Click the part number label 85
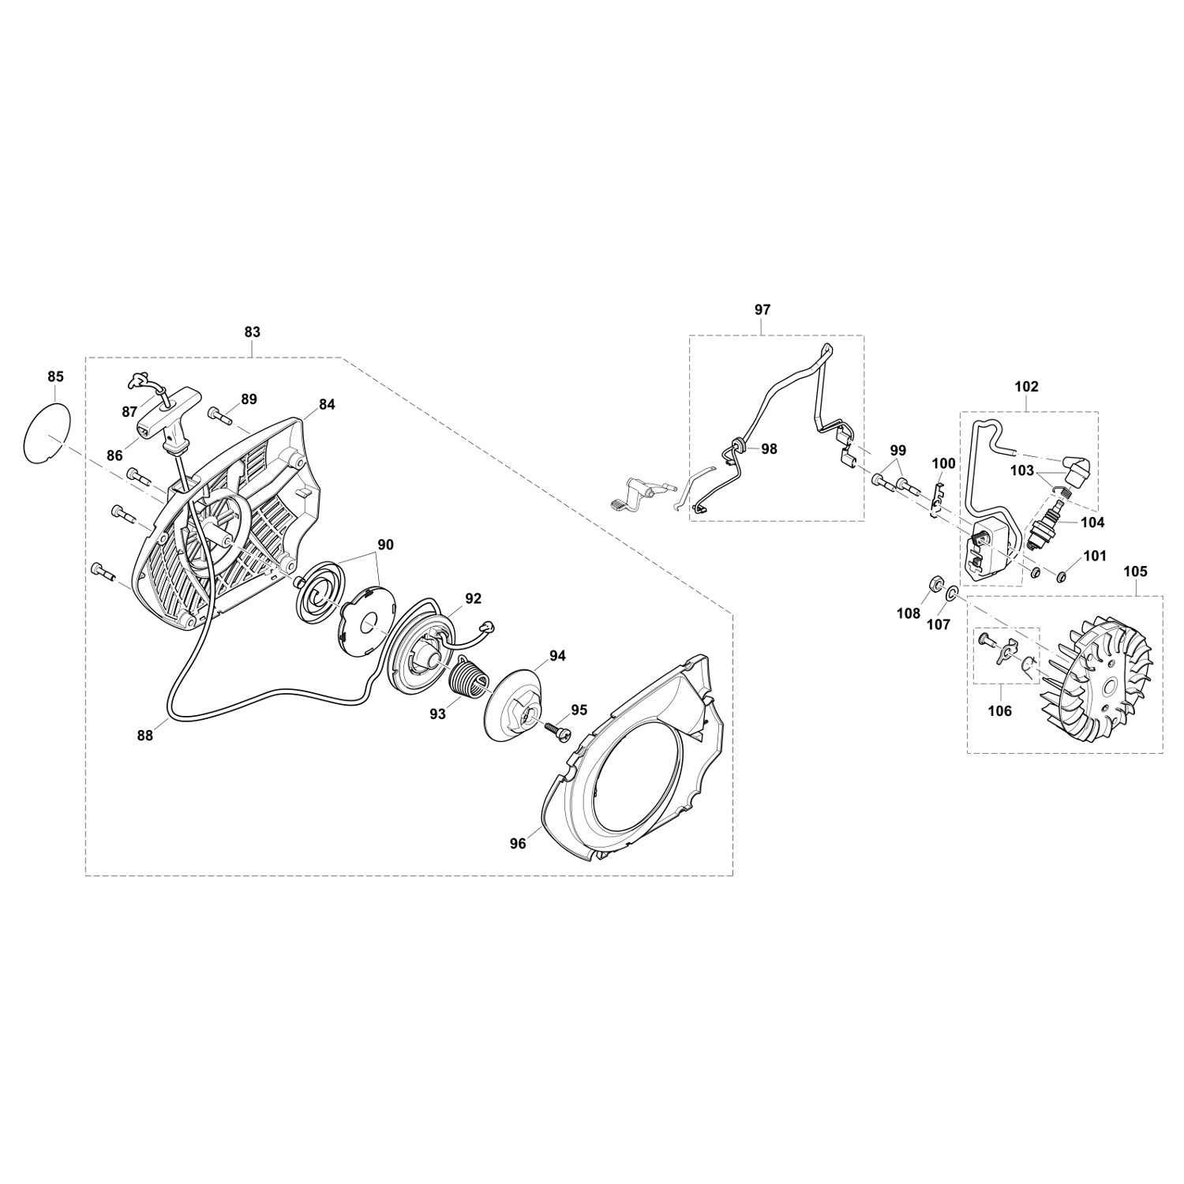(55, 377)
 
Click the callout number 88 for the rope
(144, 735)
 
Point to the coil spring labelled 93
(470, 680)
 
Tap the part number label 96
(518, 844)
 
